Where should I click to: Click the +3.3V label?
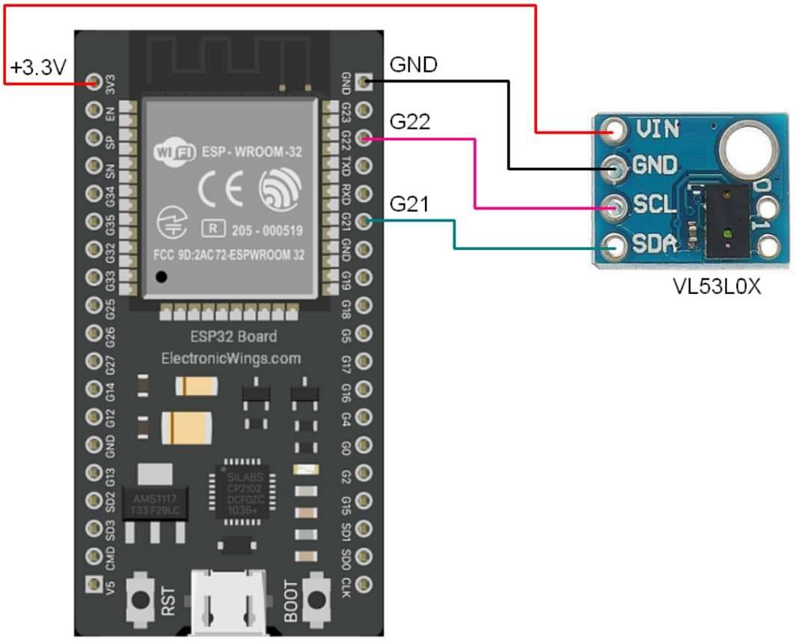pos(38,68)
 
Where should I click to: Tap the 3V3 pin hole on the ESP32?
pos(94,82)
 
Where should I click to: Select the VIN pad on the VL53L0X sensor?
pos(616,130)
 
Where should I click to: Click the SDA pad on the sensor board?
pos(616,244)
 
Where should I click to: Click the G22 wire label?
pos(410,121)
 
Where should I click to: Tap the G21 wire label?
pos(409,204)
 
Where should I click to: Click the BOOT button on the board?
pos(319,599)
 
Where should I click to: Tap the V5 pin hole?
pos(94,583)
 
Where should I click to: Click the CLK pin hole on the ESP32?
pos(364,583)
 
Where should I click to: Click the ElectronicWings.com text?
pos(231,358)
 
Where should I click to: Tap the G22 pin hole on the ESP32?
pos(364,138)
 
